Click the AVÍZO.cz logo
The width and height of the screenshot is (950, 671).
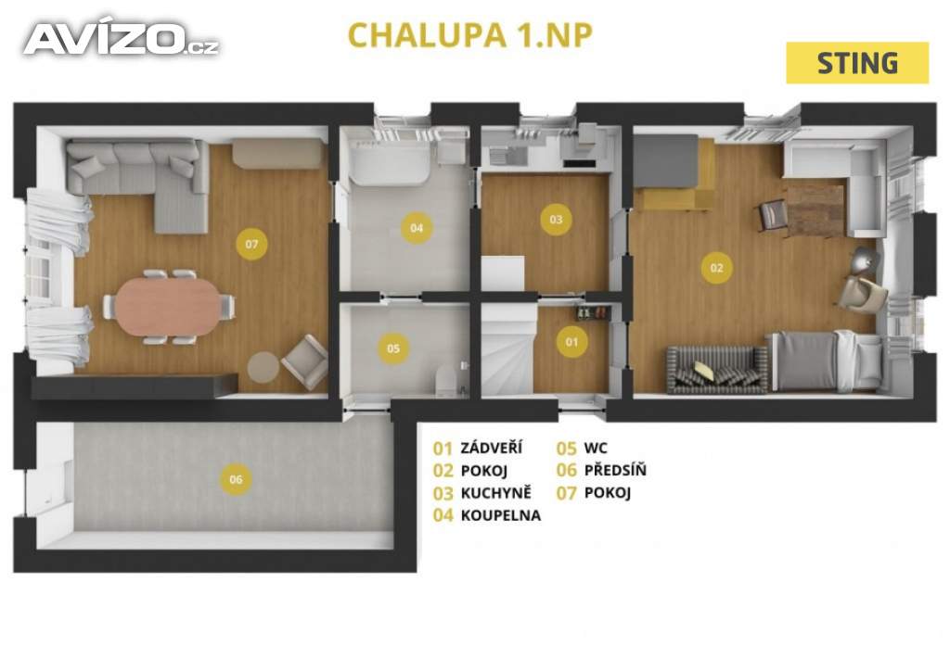point(121,39)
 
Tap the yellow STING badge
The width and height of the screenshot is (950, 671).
point(857,63)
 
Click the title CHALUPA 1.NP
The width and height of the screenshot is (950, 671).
point(469,34)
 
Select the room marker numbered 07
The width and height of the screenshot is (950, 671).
point(250,245)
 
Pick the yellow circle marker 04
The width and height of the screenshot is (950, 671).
point(417,227)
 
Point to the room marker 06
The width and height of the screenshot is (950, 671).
point(236,479)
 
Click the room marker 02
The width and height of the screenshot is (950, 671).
point(716,269)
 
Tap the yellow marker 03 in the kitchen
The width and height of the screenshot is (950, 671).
point(556,220)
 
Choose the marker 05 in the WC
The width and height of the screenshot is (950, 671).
point(393,348)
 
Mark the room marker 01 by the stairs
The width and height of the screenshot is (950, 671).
point(571,342)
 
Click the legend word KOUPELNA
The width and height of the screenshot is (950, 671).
point(500,516)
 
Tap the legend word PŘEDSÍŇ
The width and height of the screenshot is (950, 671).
point(615,470)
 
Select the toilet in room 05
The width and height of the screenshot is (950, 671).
point(447,379)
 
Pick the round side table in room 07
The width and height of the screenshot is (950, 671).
point(263,367)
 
